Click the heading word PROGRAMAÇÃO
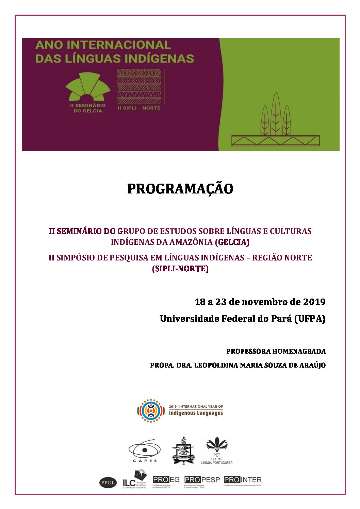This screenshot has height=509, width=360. click(x=180, y=189)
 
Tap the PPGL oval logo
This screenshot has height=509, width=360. click(x=108, y=482)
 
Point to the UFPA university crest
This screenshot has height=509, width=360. click(x=183, y=451)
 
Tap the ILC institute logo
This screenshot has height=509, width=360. click(x=135, y=479)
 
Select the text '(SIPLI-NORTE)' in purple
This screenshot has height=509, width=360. click(x=180, y=269)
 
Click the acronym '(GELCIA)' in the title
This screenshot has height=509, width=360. click(x=232, y=242)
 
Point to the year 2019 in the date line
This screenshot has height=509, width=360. click(x=314, y=302)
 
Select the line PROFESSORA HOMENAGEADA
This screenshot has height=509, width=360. click(x=276, y=351)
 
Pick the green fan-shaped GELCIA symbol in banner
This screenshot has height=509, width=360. click(x=88, y=87)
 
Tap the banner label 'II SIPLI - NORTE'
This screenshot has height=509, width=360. click(x=139, y=108)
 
